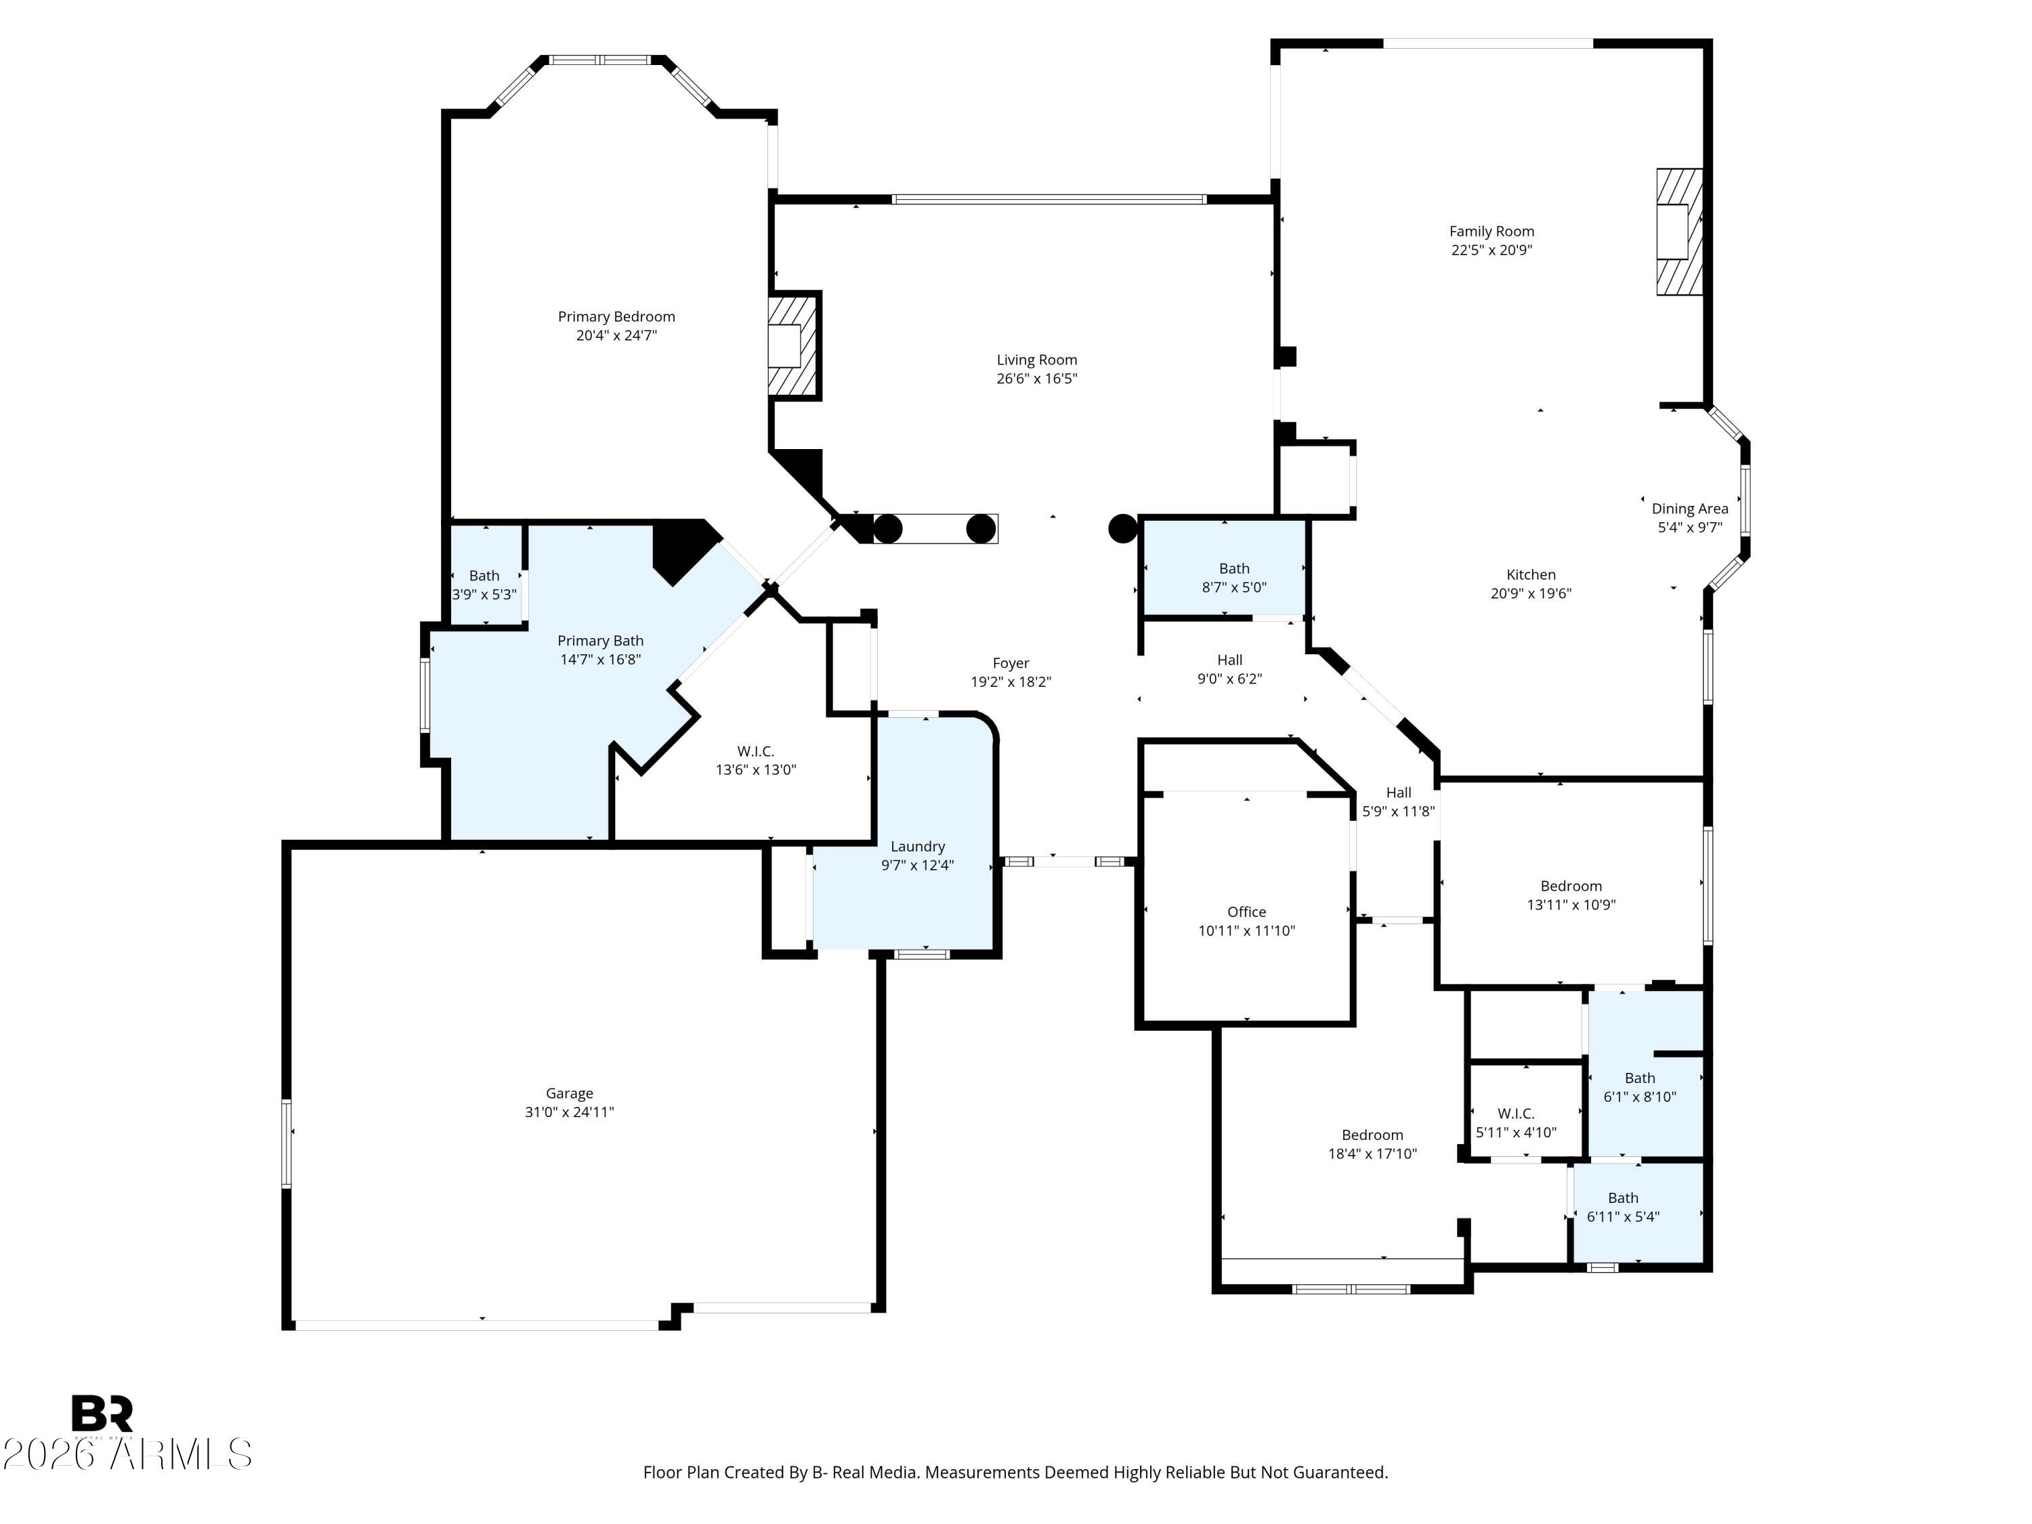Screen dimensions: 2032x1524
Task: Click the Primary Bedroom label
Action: click(616, 317)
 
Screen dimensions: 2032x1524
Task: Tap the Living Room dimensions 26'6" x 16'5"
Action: click(1036, 379)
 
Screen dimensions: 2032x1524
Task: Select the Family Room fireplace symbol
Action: click(1679, 232)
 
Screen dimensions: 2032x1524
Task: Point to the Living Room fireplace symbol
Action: click(792, 345)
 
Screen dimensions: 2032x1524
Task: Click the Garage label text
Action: click(570, 1093)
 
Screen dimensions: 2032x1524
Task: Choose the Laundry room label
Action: click(918, 847)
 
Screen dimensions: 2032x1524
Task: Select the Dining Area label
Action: click(1689, 509)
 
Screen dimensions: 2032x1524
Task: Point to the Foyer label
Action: click(1011, 663)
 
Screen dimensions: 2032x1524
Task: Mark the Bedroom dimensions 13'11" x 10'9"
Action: click(1571, 905)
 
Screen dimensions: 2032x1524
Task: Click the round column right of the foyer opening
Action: click(1122, 528)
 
